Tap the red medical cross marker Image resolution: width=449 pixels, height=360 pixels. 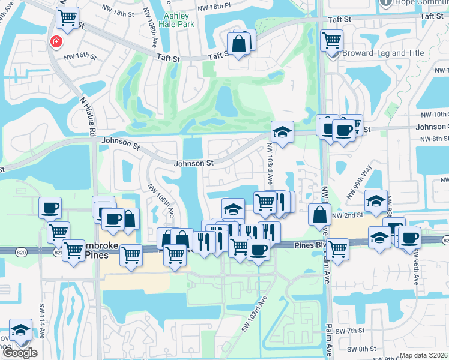(56, 42)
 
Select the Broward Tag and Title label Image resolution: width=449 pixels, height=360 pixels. (383, 53)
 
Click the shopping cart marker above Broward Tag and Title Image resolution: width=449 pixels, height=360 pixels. (331, 40)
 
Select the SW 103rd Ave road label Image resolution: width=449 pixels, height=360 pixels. (253, 317)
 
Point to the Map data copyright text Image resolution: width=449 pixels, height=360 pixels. (423, 355)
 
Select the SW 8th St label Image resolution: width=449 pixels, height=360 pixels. (364, 348)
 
